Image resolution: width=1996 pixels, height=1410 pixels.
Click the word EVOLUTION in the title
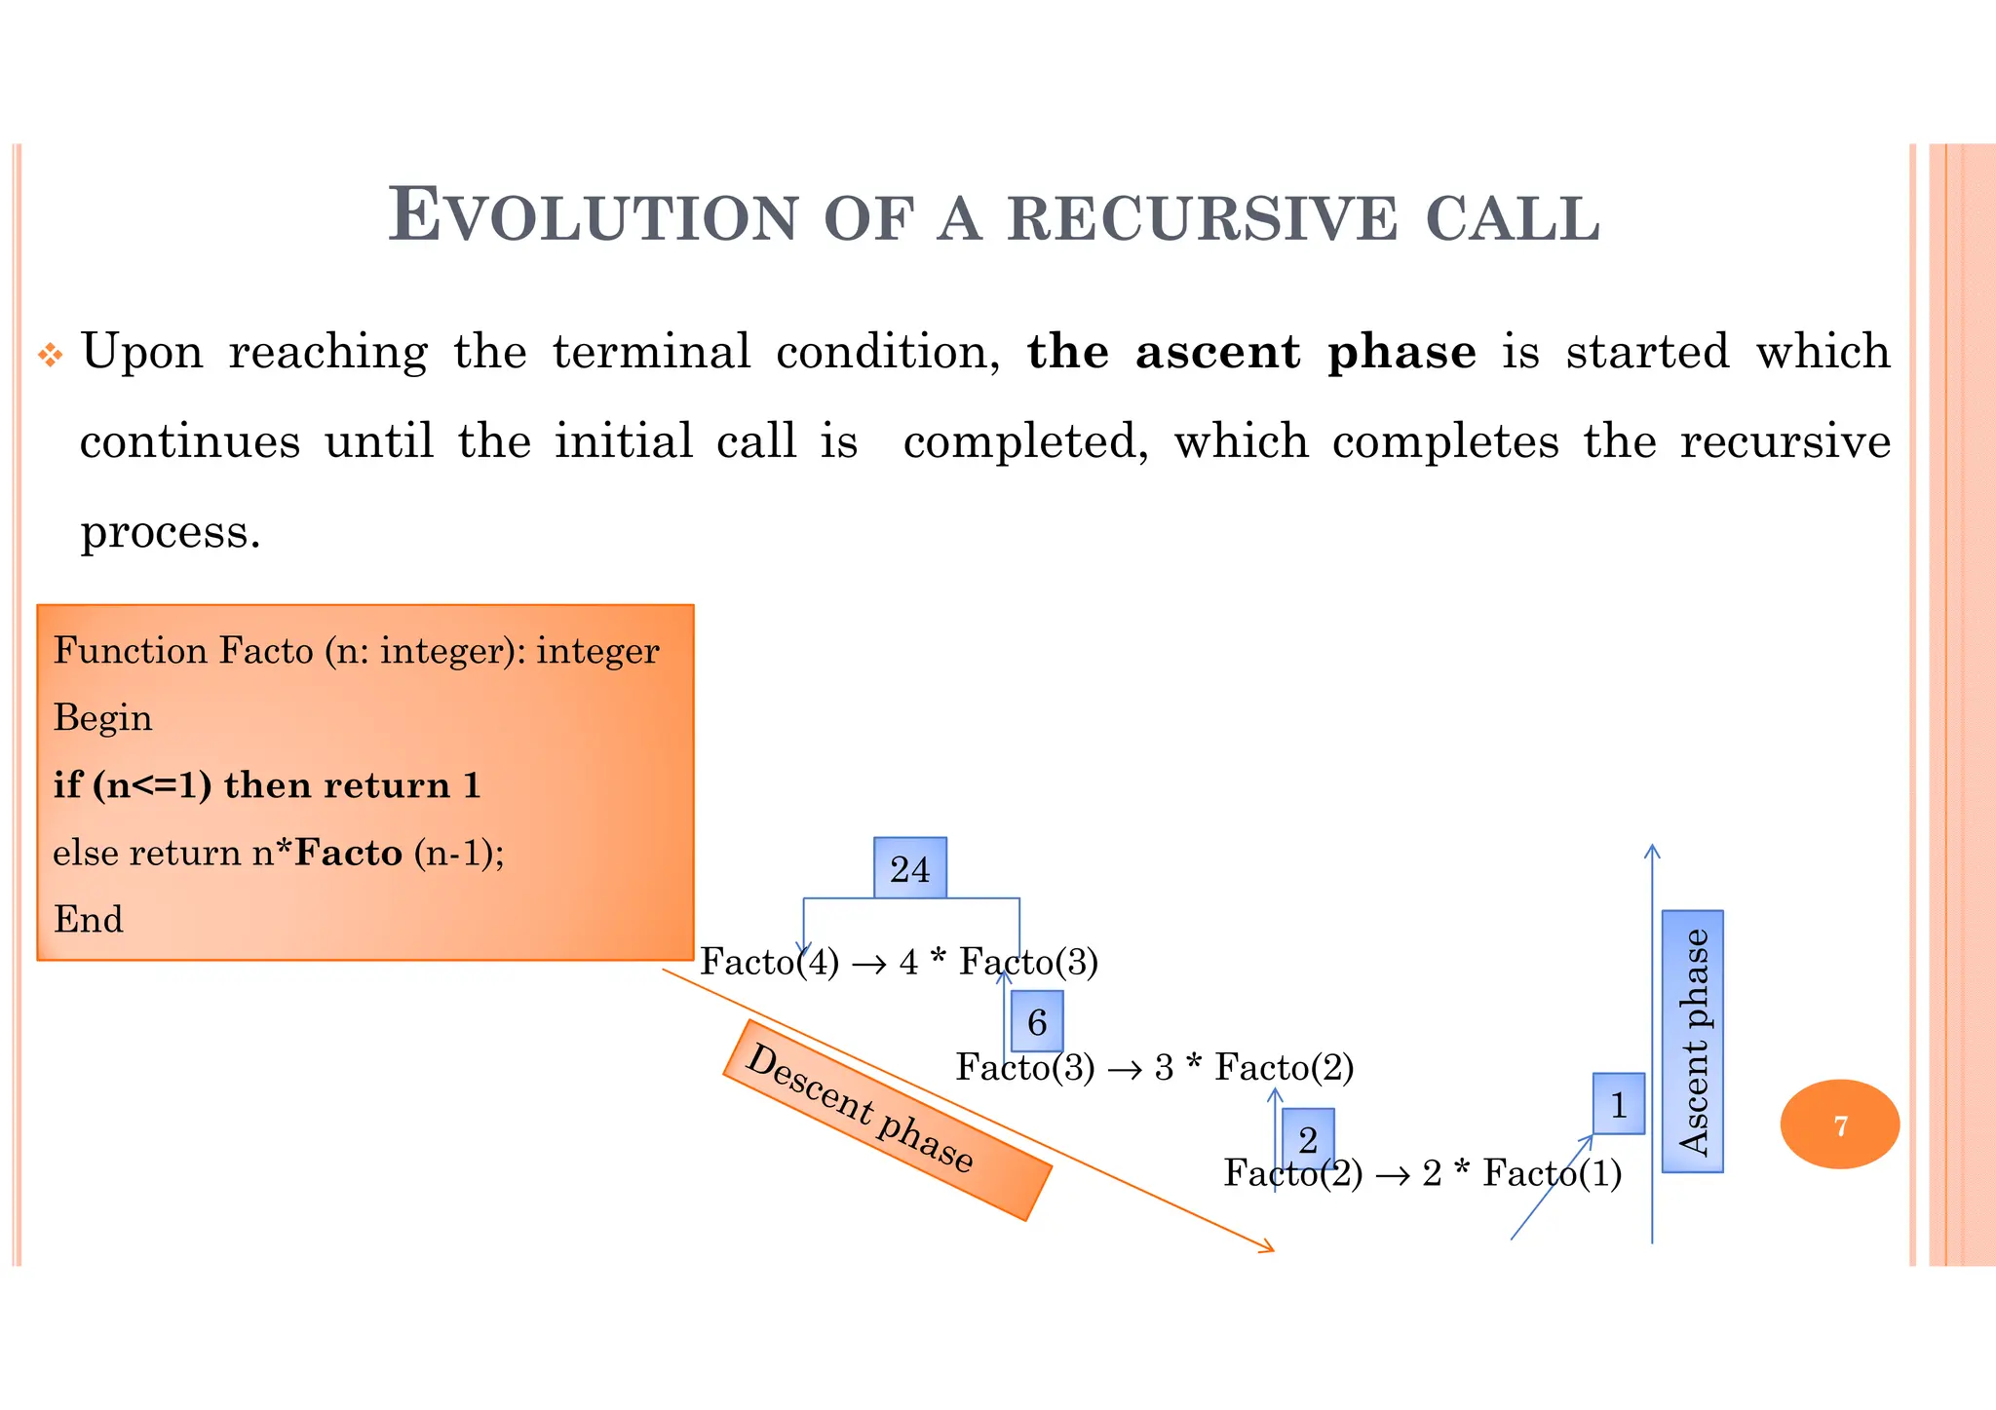(594, 215)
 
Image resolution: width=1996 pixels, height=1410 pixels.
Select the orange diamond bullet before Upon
(50, 356)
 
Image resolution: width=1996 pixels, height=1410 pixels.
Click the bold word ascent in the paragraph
(1217, 352)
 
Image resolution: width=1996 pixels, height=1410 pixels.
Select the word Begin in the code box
(102, 718)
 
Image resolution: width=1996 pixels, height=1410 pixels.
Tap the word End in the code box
(88, 920)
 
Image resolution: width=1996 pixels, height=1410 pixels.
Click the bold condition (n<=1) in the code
(151, 785)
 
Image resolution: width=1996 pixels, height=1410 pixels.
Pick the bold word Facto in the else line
(348, 854)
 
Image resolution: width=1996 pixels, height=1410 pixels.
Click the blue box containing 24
(909, 868)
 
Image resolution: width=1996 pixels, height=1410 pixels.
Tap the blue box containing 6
(1036, 1022)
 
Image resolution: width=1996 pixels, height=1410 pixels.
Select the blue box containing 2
(1307, 1138)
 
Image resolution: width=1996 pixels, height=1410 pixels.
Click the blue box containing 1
(1618, 1105)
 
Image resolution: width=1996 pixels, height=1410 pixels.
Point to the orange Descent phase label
(886, 1121)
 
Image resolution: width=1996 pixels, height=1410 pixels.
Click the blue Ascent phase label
(1692, 1042)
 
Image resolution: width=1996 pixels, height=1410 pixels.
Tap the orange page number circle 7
(1839, 1125)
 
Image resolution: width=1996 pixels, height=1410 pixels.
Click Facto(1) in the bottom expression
(1552, 1173)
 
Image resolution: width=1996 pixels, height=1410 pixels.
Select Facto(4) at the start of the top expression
(769, 963)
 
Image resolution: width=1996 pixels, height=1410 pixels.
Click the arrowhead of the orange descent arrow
(1269, 1248)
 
